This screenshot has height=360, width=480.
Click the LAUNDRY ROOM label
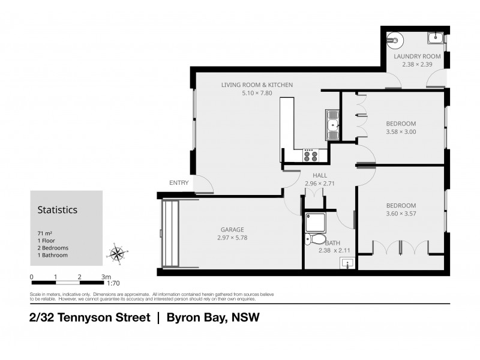(417, 56)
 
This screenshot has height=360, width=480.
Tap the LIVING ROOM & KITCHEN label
(257, 85)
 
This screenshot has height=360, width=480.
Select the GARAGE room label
(232, 229)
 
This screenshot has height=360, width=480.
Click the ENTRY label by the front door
(179, 183)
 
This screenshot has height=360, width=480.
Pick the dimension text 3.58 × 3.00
(401, 131)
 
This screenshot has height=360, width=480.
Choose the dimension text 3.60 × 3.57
(401, 212)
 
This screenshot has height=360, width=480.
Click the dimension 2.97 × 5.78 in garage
(232, 238)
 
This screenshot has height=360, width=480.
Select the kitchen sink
(332, 125)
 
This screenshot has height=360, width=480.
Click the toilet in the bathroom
(314, 240)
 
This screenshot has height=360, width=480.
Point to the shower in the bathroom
(315, 222)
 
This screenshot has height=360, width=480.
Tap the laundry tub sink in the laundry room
(435, 38)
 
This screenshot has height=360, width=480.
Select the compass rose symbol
(118, 254)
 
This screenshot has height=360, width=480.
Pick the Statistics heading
(58, 211)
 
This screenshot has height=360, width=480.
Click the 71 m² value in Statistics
(44, 233)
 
